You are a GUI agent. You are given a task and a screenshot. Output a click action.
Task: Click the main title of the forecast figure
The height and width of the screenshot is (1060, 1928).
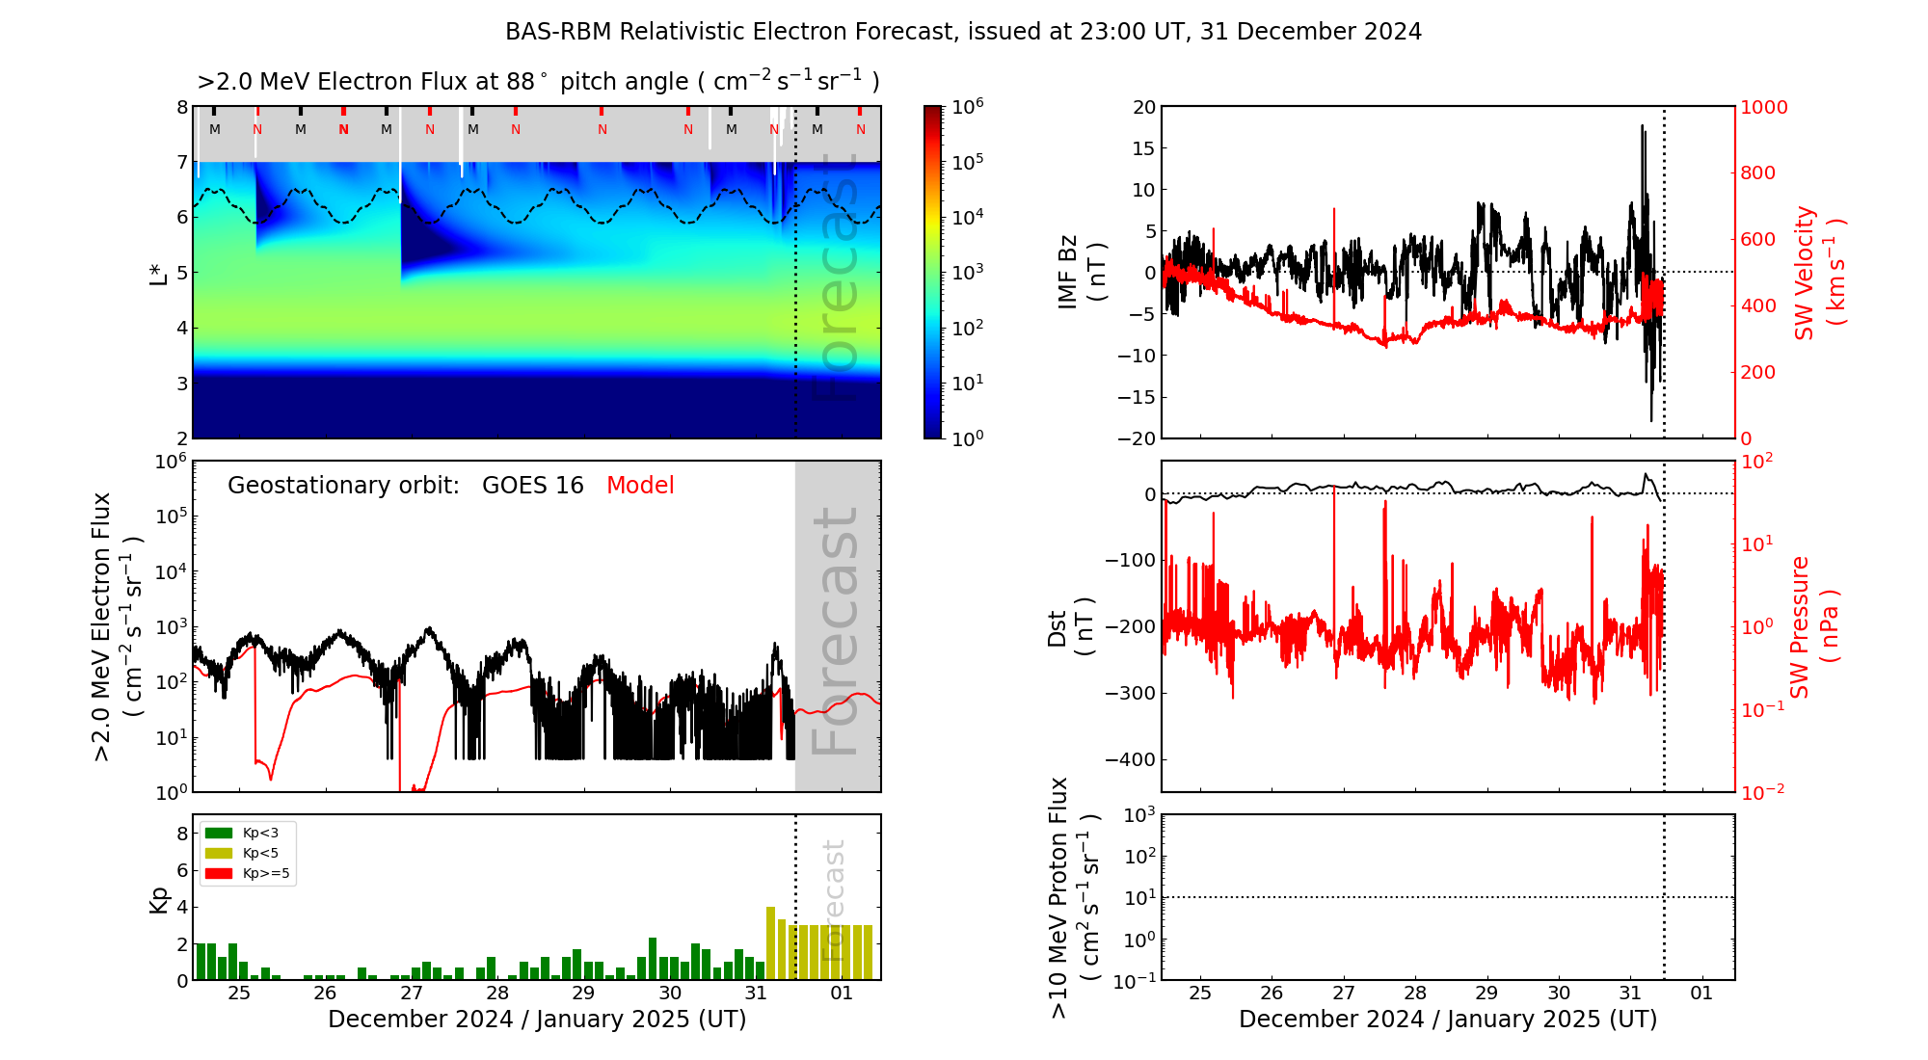963,32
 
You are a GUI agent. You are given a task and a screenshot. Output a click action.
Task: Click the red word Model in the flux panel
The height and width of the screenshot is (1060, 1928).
640,486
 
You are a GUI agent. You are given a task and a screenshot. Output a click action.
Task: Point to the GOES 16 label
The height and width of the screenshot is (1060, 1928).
532,486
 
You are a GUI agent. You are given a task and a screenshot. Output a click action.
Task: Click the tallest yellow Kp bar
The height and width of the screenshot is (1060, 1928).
770,942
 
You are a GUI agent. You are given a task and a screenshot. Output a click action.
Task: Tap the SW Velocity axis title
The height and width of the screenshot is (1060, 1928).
1818,273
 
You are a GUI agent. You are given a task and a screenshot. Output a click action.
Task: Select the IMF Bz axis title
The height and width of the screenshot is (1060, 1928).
1081,273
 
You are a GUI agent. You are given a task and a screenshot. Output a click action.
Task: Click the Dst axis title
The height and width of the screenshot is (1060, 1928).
1070,627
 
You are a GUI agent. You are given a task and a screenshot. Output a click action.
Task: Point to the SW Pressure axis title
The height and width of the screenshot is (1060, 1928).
1814,627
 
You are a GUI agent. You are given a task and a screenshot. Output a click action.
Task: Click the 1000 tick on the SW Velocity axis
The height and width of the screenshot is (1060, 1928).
1763,107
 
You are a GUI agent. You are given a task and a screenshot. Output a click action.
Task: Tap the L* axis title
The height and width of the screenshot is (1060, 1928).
159,273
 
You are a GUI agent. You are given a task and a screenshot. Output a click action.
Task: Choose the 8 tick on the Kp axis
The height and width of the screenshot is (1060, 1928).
181,834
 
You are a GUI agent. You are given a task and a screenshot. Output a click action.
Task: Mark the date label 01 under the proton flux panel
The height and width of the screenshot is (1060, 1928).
1701,994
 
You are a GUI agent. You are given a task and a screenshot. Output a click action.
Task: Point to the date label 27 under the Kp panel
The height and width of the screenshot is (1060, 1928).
412,994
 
